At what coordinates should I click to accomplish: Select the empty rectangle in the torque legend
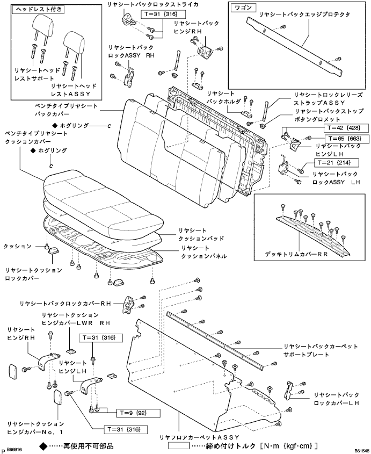pos(184,446)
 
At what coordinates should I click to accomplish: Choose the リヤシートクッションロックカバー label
pos(31,275)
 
